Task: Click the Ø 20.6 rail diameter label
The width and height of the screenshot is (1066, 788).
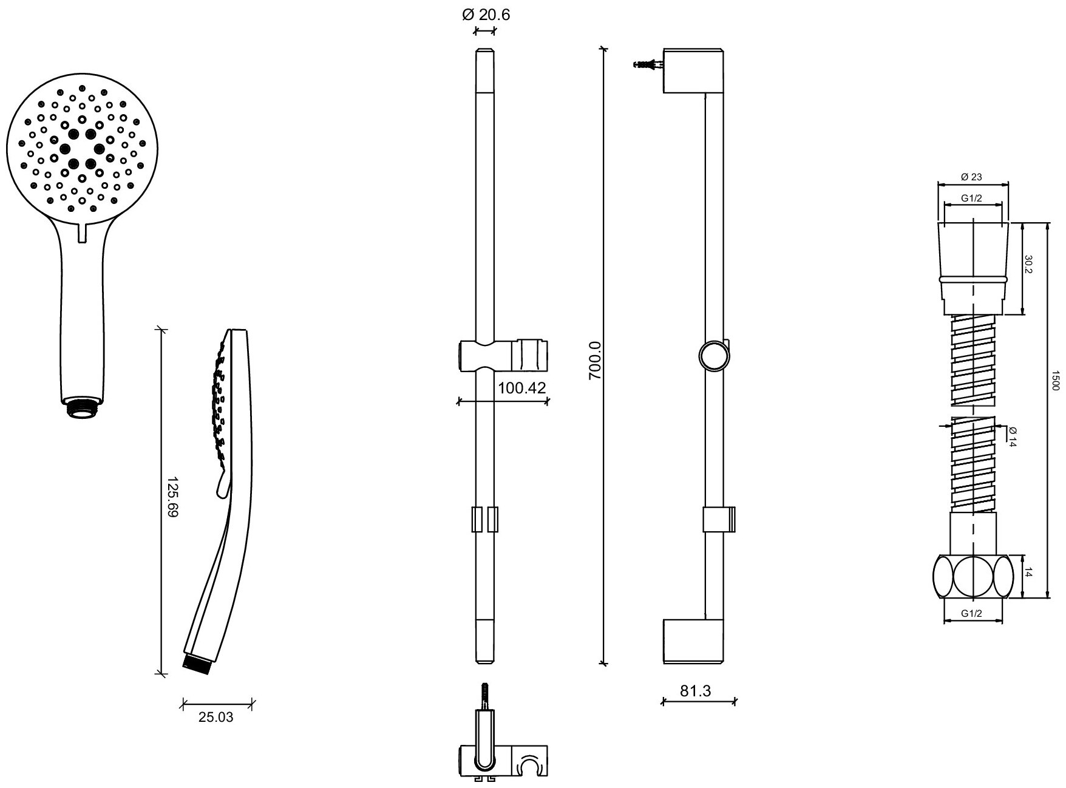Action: [485, 15]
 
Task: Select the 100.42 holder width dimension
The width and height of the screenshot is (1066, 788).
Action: [522, 387]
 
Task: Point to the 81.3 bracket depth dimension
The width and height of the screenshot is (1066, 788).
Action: [697, 691]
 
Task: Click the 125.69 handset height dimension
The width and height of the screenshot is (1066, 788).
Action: [172, 497]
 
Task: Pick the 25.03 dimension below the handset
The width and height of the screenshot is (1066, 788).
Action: [216, 718]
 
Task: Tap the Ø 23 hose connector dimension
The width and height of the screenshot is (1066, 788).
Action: [972, 177]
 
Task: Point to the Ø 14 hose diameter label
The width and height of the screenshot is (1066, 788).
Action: [1012, 436]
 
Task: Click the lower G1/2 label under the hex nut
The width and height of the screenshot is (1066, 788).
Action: [972, 614]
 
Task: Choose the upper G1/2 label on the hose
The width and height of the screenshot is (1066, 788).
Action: [972, 198]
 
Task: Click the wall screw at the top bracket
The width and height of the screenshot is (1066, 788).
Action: [647, 64]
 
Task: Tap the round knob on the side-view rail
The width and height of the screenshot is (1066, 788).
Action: [713, 355]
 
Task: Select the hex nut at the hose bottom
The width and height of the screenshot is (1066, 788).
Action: [973, 576]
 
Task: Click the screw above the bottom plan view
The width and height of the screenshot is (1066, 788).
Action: [485, 696]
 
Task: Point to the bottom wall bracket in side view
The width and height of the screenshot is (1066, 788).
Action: [693, 641]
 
